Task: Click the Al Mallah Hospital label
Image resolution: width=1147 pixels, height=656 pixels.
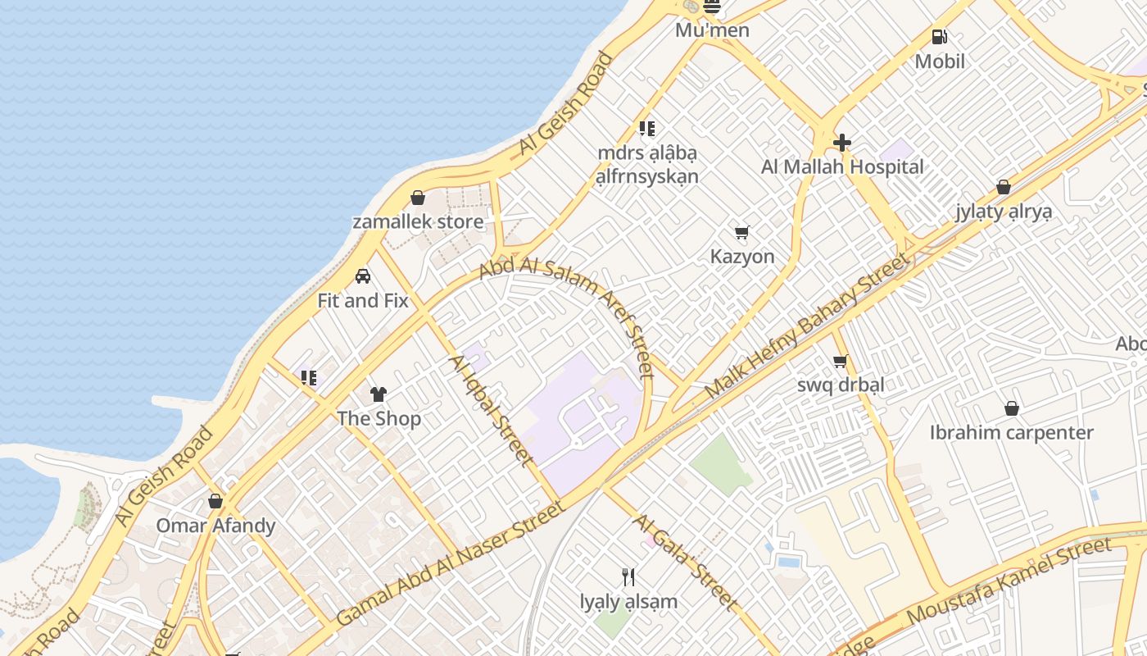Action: [842, 167]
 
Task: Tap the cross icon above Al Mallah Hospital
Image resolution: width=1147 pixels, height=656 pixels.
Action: [842, 143]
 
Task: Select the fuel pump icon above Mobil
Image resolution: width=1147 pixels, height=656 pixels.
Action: [939, 37]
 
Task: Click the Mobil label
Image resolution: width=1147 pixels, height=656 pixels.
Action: [940, 61]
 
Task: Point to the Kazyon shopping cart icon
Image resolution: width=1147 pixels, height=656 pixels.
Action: [742, 233]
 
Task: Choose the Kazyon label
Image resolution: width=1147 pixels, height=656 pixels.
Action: [742, 257]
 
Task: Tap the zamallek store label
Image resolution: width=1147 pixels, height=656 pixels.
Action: [418, 221]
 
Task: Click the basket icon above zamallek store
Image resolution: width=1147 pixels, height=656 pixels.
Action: [418, 198]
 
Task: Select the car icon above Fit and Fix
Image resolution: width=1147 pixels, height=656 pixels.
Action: [363, 276]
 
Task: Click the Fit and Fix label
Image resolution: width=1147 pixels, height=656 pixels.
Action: [363, 301]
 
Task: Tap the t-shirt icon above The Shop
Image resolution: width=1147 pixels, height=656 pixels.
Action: [379, 394]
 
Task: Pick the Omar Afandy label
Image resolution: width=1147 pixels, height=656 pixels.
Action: [215, 526]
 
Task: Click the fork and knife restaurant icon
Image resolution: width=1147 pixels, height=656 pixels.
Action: [628, 577]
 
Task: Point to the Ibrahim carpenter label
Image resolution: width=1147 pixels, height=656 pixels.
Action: [1012, 433]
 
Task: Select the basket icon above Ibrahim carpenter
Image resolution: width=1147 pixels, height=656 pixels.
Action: [1012, 408]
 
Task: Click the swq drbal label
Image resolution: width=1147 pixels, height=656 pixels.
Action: [840, 385]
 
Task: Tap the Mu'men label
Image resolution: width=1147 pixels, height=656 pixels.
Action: [712, 31]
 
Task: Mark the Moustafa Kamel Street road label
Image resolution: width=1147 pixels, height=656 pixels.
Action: [1009, 579]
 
